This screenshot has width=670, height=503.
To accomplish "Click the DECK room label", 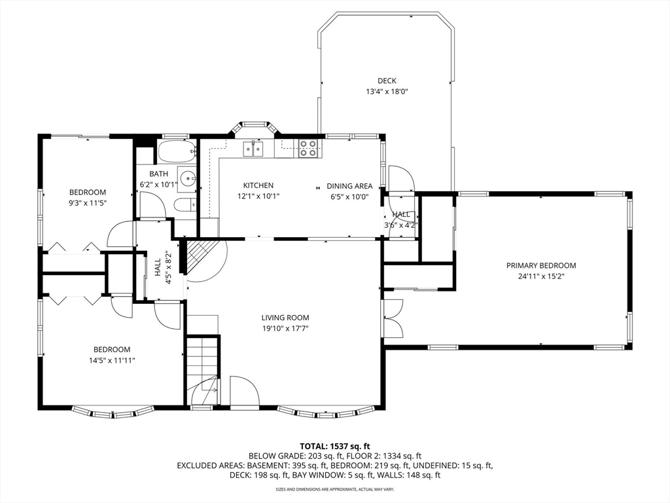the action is [x=387, y=81].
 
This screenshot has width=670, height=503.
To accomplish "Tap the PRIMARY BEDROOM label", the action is [x=541, y=266].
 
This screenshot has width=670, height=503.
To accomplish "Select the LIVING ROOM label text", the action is [x=285, y=318].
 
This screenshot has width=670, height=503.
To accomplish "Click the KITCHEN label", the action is [x=258, y=185].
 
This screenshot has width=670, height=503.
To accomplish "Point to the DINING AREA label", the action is [x=349, y=186].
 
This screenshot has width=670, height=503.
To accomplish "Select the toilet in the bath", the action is [x=185, y=205].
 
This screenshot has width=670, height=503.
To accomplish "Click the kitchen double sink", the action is [x=253, y=149].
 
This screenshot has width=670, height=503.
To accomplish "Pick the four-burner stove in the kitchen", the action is [x=308, y=148].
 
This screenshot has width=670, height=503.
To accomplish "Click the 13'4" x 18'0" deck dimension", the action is [x=387, y=92].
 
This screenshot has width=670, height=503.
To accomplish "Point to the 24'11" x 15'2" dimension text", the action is [x=541, y=276].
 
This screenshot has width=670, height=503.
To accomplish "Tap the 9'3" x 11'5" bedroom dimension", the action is [x=88, y=203].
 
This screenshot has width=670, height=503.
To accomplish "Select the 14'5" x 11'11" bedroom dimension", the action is [x=112, y=361].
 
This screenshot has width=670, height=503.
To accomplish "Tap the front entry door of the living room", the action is [x=244, y=390].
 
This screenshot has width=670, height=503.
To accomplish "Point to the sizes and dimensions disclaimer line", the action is [x=335, y=489].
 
